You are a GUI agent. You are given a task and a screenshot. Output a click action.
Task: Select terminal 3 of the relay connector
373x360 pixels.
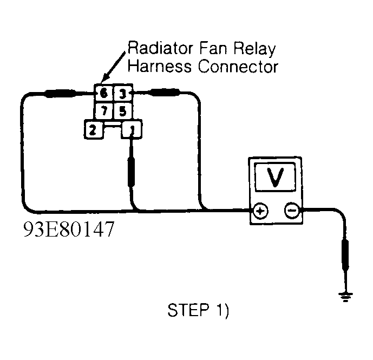pyautogui.click(x=123, y=94)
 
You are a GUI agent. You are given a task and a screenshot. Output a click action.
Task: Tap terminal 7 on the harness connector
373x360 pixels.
pyautogui.click(x=103, y=112)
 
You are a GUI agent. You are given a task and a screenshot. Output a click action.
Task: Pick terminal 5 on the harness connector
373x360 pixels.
pyautogui.click(x=123, y=112)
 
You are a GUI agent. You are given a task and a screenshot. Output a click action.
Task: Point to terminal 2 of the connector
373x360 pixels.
pyautogui.click(x=93, y=130)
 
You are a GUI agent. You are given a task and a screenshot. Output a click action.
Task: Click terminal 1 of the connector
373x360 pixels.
pyautogui.click(x=131, y=130)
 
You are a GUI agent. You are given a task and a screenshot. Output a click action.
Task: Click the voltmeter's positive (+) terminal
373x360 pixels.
pyautogui.click(x=260, y=211)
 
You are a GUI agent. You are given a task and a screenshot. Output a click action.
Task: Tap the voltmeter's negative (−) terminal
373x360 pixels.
pyautogui.click(x=291, y=211)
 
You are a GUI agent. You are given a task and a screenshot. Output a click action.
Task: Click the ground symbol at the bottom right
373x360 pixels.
pyautogui.click(x=344, y=296)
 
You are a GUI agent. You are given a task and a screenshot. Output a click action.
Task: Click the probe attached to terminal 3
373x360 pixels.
pyautogui.click(x=165, y=94)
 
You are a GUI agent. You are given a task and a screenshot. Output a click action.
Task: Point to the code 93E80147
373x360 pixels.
pyautogui.click(x=68, y=230)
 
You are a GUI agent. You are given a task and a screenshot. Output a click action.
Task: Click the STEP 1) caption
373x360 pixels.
pyautogui.click(x=199, y=311)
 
